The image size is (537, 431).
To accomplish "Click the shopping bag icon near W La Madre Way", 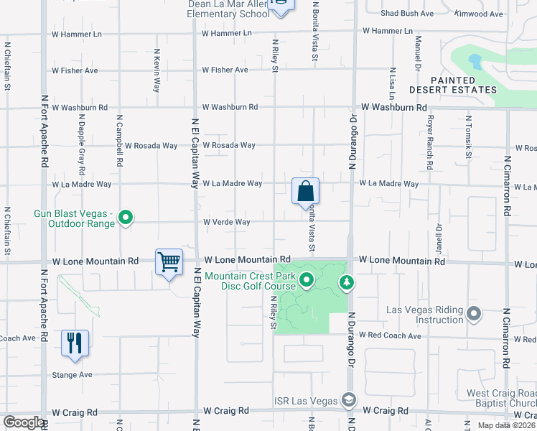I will pyautogui.click(x=305, y=192).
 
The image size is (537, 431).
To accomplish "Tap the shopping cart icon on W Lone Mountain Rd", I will pyautogui.click(x=169, y=262).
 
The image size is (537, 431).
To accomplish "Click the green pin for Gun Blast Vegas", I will pyautogui.click(x=126, y=216).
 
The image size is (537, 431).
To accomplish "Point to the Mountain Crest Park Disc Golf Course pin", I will pyautogui.click(x=307, y=279).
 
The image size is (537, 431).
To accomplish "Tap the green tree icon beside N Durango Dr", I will pyautogui.click(x=347, y=282).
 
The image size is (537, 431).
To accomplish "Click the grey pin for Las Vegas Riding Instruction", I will pyautogui.click(x=473, y=313).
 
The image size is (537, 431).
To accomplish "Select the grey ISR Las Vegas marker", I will pyautogui.click(x=348, y=399).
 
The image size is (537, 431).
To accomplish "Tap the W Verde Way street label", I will pyautogui.click(x=226, y=222).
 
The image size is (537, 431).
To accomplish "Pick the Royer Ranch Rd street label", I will pyautogui.click(x=431, y=142).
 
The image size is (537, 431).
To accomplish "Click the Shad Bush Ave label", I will pyautogui.click(x=406, y=13).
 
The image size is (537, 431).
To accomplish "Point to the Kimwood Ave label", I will pyautogui.click(x=479, y=13).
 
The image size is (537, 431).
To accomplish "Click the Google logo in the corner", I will pyautogui.click(x=24, y=422).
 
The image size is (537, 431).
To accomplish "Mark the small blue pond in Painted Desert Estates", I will pyautogui.click(x=475, y=61).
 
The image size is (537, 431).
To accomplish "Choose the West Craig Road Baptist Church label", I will pyautogui.click(x=500, y=398).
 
